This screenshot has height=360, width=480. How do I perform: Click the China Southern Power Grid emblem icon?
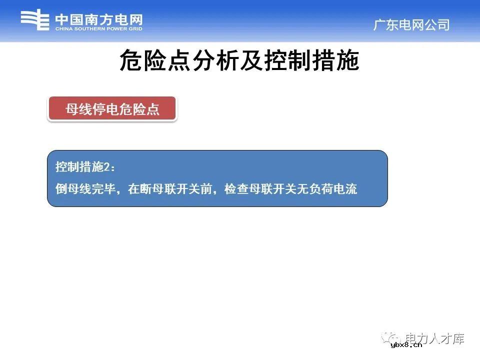pyautogui.click(x=34, y=21)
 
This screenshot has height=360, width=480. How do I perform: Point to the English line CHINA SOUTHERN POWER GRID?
pyautogui.click(x=98, y=29)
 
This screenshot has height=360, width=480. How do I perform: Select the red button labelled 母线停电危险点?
pyautogui.click(x=112, y=109)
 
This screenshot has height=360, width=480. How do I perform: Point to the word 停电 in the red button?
pyautogui.click(x=112, y=109)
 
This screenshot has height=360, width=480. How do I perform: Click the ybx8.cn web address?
pyautogui.click(x=406, y=344)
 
